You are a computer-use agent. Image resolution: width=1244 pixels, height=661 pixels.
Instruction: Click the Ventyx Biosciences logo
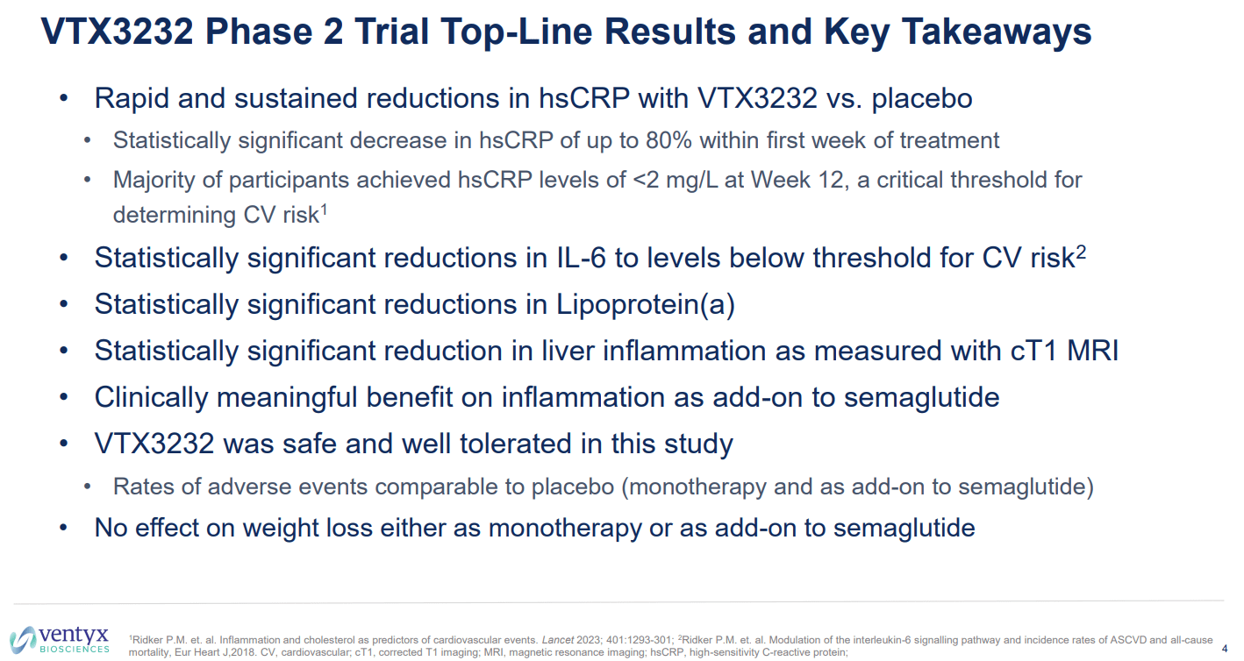pos(60,639)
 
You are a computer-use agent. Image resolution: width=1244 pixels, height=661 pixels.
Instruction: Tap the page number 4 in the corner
pos(1225,649)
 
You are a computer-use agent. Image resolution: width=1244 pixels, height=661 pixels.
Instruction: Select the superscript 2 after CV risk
pos(1081,251)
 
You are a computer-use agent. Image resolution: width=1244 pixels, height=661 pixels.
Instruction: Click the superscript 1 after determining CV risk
pos(325,209)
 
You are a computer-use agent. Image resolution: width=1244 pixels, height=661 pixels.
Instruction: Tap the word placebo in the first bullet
pos(921,99)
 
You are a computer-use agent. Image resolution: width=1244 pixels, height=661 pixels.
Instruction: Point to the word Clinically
pos(152,397)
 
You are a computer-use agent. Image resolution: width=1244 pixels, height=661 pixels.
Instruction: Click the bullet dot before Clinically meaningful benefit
pos(63,397)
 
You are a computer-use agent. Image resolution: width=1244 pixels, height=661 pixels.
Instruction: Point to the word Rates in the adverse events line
pos(139,487)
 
